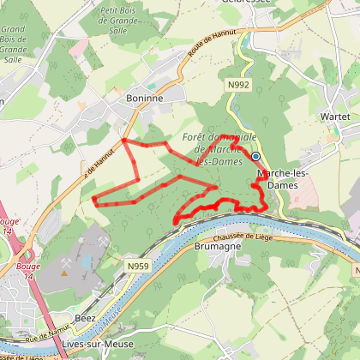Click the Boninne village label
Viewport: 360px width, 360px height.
144,98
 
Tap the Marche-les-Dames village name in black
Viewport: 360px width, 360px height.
282,177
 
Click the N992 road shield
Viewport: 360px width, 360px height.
238,84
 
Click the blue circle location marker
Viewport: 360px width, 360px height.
255,156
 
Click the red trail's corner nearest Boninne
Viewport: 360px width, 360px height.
125,140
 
